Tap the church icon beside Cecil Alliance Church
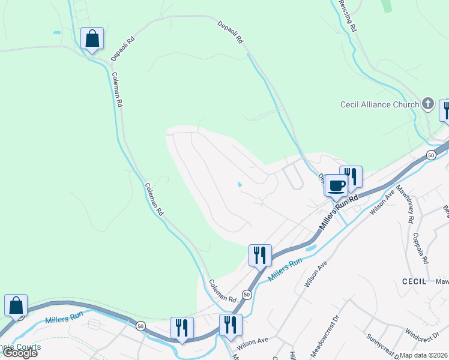pyautogui.click(x=428, y=104)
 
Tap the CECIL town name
pyautogui.click(x=414, y=281)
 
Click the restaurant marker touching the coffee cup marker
pyautogui.click(x=351, y=176)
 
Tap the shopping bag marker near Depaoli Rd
pyautogui.click(x=92, y=38)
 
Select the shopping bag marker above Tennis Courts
pyautogui.click(x=16, y=305)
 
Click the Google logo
pyautogui.click(x=20, y=353)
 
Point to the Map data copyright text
pyautogui.click(x=424, y=355)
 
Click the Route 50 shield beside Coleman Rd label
pyautogui.click(x=247, y=294)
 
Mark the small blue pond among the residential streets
pyautogui.click(x=240, y=185)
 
